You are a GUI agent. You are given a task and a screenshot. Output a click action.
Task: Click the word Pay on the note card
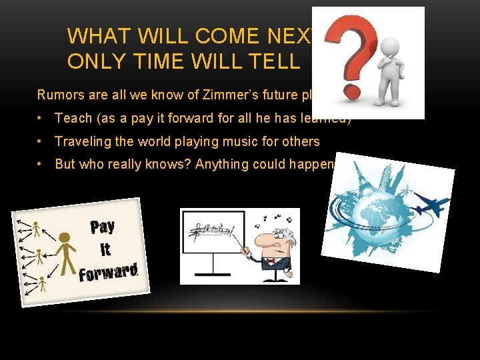(102, 227)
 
